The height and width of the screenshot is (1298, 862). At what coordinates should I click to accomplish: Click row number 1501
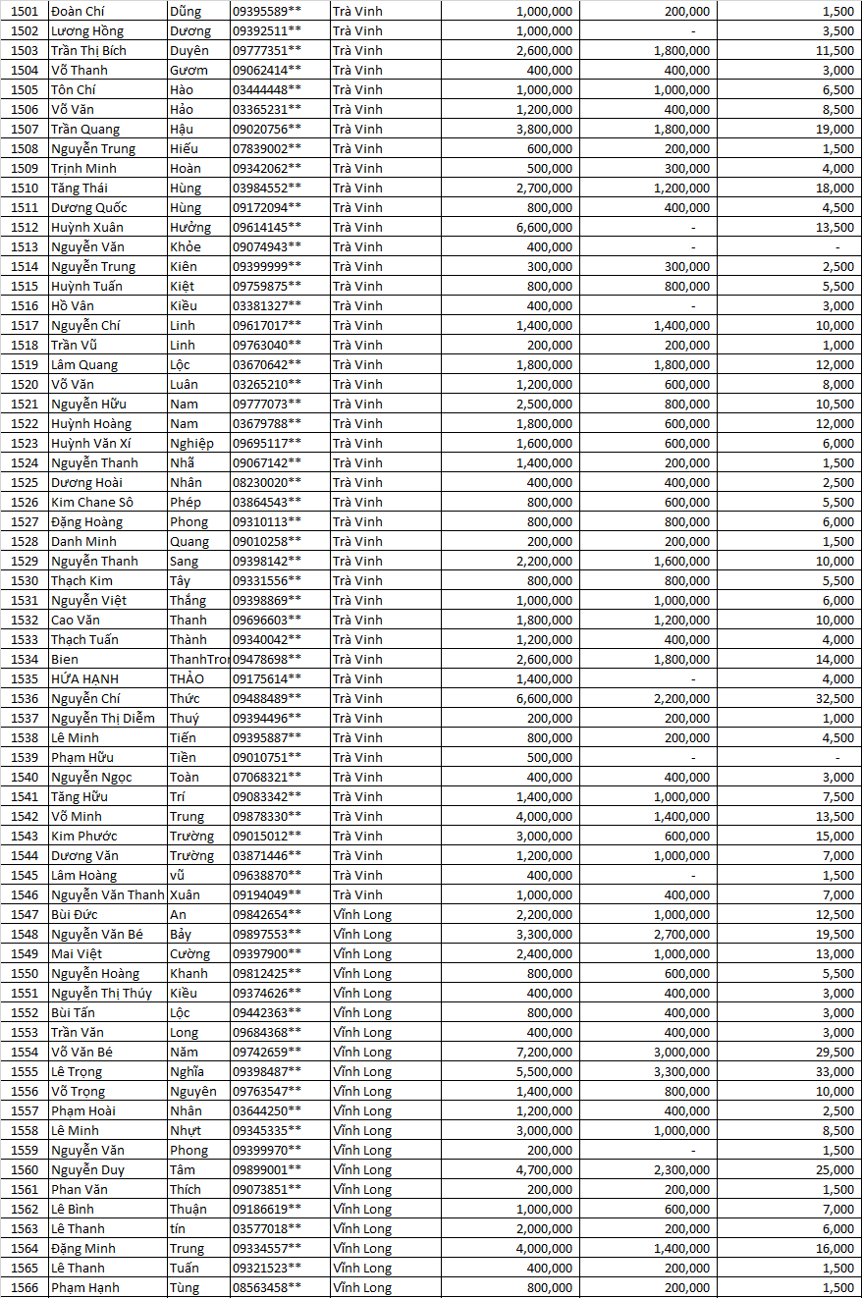[25, 11]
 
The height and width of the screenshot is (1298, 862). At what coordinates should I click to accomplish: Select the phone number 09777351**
[266, 50]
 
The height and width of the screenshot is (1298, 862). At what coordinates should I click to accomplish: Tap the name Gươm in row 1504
[189, 70]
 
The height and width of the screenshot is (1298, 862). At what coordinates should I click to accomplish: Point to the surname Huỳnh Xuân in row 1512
[86, 227]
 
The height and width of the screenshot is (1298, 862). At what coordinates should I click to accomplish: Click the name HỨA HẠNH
[85, 678]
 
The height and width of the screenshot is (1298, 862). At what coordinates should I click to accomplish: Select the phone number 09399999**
[266, 266]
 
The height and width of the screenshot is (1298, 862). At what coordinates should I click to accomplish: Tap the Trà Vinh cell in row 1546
[357, 894]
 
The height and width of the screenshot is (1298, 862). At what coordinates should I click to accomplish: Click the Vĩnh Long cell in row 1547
[361, 914]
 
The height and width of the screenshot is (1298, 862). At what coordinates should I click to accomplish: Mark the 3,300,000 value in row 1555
[681, 1071]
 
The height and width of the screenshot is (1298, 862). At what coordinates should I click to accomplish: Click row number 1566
[25, 1287]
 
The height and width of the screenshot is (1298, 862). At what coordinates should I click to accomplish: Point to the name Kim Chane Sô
[91, 502]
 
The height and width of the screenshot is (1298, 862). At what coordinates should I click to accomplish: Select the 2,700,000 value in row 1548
[681, 934]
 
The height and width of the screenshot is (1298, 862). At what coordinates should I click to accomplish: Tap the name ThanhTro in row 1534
[198, 659]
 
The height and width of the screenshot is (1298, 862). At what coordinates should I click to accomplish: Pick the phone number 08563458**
[266, 1287]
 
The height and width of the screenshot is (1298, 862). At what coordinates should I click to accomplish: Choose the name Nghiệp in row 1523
[191, 443]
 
